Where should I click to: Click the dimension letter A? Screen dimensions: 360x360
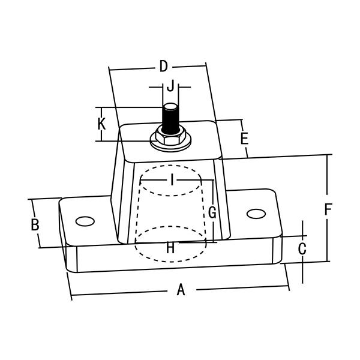(x=181, y=290)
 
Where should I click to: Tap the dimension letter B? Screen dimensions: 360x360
(x=35, y=225)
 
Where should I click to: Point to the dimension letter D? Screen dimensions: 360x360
(x=163, y=66)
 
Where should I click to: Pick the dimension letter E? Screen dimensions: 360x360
(x=244, y=139)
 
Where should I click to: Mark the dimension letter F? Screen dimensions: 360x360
(x=328, y=209)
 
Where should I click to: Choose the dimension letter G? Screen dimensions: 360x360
(x=211, y=212)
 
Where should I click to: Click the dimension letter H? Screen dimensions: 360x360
(x=170, y=247)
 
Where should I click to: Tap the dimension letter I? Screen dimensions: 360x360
(x=172, y=178)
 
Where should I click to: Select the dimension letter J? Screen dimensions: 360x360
(x=170, y=86)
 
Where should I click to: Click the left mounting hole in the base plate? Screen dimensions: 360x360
(x=85, y=220)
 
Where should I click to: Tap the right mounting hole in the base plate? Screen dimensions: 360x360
(x=256, y=213)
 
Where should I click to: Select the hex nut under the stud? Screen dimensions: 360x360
(x=171, y=135)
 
